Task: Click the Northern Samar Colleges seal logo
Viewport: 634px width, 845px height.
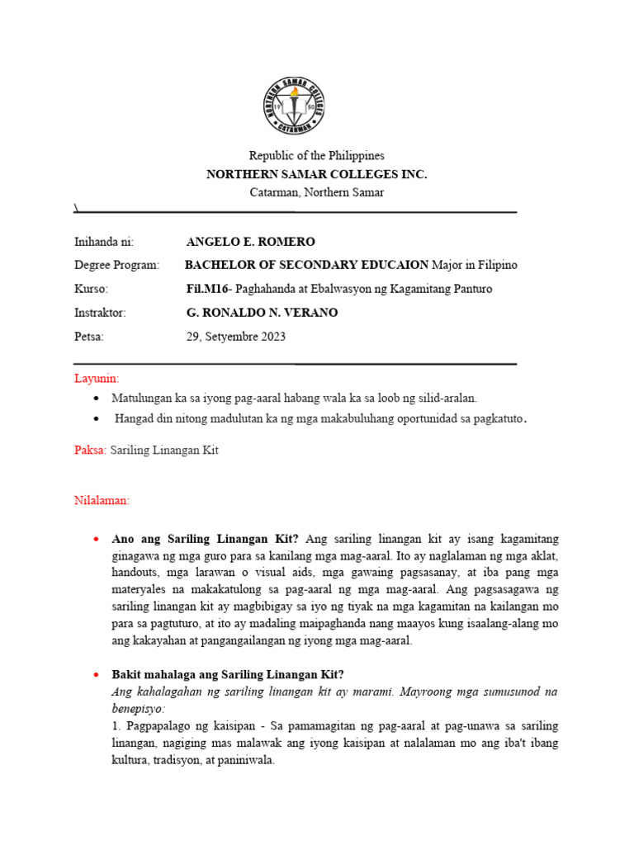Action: (294, 106)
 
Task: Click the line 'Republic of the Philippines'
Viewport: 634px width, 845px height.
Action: (317, 156)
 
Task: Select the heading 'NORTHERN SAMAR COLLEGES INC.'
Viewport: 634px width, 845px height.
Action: (317, 174)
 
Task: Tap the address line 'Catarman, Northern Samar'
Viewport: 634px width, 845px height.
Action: (317, 192)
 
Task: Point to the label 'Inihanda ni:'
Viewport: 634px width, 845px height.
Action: (103, 242)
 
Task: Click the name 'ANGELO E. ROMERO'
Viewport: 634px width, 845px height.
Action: (251, 242)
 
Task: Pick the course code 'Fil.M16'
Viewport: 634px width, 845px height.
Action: (208, 289)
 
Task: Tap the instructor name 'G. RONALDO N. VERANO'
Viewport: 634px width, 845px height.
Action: (263, 313)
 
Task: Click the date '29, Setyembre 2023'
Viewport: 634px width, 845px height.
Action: (236, 337)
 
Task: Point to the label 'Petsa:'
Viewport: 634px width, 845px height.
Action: (89, 337)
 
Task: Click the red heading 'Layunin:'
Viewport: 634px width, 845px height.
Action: (97, 378)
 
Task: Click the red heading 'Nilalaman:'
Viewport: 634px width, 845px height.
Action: (102, 500)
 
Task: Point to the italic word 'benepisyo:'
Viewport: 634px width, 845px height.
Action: (141, 708)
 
